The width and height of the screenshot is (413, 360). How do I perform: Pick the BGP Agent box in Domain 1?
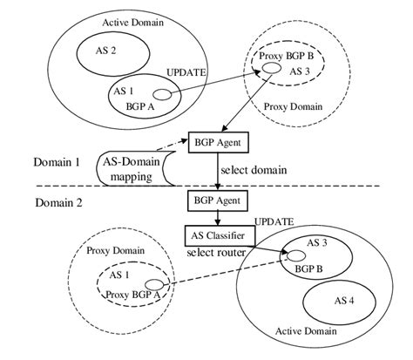coord(215,139)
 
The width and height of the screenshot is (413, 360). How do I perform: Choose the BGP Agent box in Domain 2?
coord(215,201)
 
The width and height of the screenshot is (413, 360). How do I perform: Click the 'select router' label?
coord(217,253)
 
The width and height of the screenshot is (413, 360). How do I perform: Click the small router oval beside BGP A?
coord(161,95)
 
